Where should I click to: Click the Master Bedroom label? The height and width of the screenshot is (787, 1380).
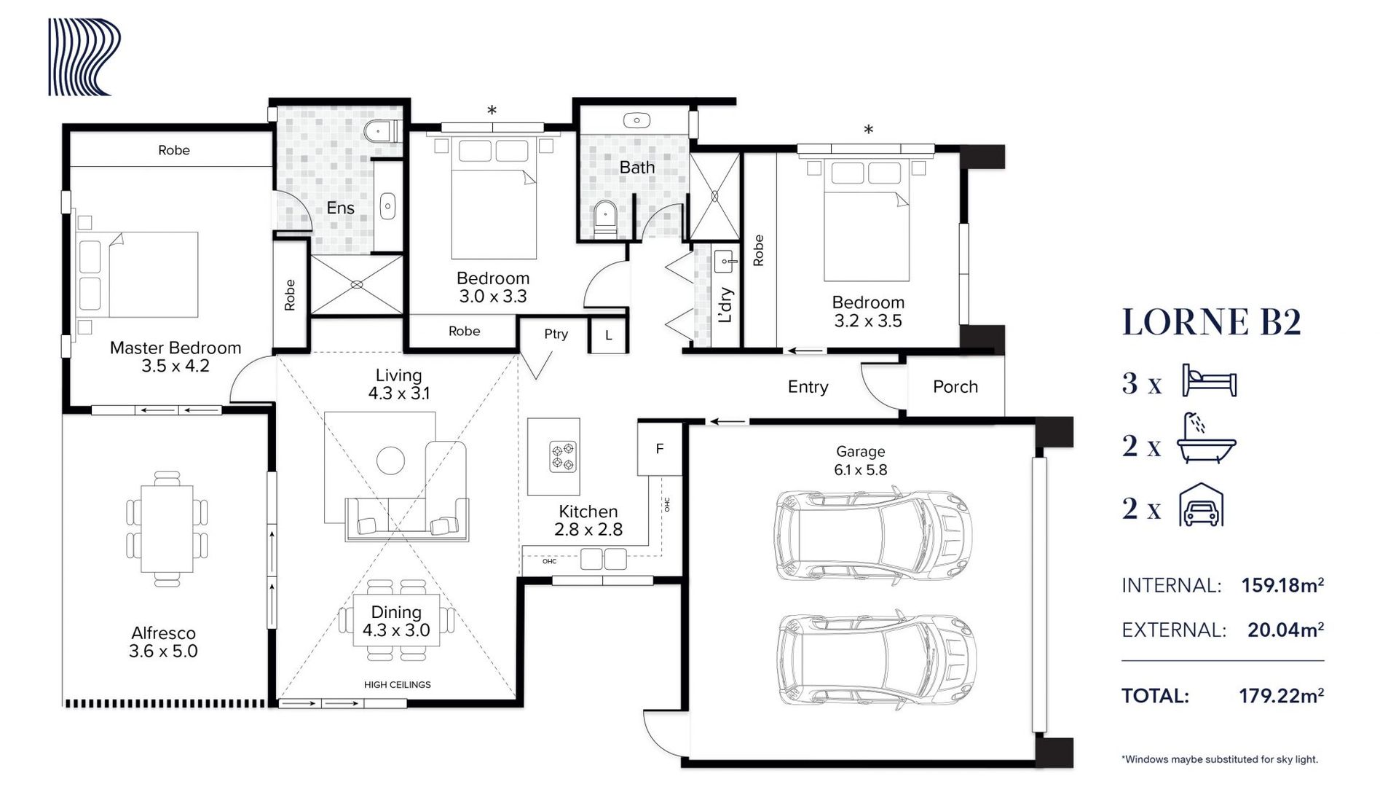(176, 348)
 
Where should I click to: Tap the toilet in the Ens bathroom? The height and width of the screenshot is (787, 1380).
(381, 132)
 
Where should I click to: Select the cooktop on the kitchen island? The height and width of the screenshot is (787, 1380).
(564, 456)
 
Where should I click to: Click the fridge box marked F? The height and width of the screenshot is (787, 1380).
(660, 448)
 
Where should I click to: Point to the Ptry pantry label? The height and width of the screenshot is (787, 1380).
(556, 334)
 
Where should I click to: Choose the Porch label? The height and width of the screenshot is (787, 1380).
(955, 387)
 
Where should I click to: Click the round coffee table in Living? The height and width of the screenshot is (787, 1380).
(391, 460)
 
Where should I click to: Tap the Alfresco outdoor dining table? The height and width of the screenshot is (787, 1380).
(167, 529)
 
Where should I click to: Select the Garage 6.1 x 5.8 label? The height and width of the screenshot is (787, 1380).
(861, 461)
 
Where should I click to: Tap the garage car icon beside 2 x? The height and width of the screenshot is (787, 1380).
(1201, 504)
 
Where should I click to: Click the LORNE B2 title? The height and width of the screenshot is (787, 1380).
(1211, 322)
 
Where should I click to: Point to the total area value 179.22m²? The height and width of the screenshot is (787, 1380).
(1282, 696)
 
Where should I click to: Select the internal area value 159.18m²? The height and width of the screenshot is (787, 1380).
(1282, 585)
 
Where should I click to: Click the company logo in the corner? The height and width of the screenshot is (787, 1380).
(84, 57)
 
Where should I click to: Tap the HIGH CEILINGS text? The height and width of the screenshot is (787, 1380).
(398, 685)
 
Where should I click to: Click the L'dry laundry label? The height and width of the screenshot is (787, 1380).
(725, 305)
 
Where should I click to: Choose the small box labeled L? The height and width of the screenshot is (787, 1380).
(609, 336)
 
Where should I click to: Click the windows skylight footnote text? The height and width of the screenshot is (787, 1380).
(1220, 759)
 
